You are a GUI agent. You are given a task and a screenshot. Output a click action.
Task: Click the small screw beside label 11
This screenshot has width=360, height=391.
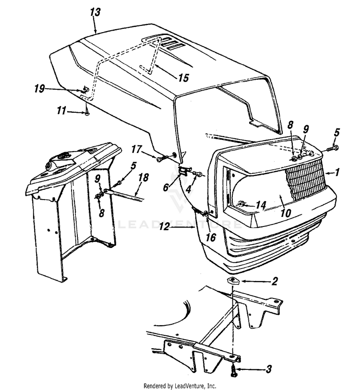coord(87,113)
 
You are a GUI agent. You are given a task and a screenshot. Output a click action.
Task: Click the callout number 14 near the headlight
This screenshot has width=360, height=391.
coord(260,205)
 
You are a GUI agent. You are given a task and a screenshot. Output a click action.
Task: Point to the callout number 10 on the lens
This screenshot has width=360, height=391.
coord(285,213)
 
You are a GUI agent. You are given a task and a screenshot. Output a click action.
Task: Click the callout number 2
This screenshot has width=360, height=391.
coord(275,282)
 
